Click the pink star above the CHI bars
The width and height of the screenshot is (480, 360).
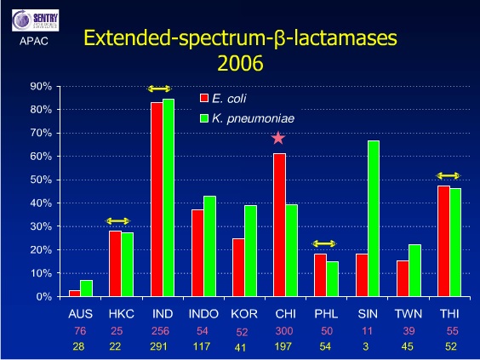tap(278, 138)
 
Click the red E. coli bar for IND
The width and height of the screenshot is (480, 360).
tap(157, 200)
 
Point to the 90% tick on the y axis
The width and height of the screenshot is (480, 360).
tap(41, 87)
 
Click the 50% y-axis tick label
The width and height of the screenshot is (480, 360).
tap(41, 180)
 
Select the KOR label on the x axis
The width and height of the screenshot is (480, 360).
tap(239, 313)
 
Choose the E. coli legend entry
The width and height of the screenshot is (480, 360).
tap(230, 98)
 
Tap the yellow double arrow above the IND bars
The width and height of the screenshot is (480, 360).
tap(161, 89)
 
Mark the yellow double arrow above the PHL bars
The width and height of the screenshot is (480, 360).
tap(324, 243)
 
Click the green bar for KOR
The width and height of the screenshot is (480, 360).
tap(251, 251)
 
